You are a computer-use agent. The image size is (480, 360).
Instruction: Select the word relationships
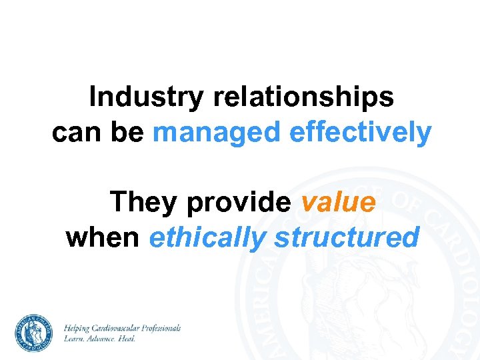(x=303, y=97)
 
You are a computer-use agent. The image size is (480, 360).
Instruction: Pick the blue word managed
(x=217, y=133)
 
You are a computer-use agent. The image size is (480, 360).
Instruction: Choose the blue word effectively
(x=360, y=133)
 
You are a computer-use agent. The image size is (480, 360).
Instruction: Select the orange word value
(x=338, y=202)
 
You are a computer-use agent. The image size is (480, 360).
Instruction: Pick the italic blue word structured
(x=346, y=237)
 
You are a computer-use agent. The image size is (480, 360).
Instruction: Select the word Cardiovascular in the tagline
(x=119, y=329)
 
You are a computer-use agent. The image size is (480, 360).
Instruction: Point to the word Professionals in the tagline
(x=161, y=329)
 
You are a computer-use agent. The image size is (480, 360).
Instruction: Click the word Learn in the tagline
(x=74, y=339)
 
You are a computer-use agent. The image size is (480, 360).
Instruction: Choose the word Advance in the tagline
(x=102, y=339)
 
